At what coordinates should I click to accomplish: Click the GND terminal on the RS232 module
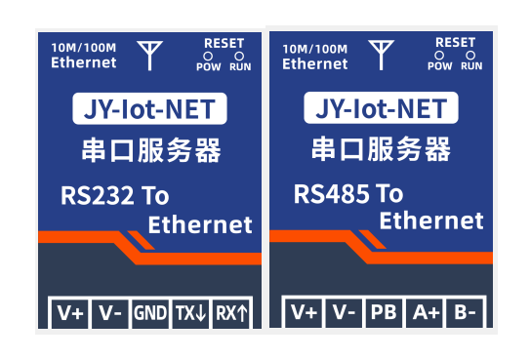(150, 313)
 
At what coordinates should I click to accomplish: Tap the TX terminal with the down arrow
(190, 313)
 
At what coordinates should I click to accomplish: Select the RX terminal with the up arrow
(231, 313)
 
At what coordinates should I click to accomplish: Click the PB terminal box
(384, 313)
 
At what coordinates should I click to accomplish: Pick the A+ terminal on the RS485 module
(425, 313)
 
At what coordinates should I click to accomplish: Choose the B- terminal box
(465, 313)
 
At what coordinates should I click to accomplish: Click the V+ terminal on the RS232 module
(69, 313)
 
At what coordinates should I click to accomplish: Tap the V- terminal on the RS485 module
(344, 313)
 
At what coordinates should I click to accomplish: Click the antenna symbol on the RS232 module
(149, 56)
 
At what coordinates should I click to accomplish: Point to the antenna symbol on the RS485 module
(382, 55)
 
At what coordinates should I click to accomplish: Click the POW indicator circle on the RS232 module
(208, 56)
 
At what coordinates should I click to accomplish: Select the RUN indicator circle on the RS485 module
(470, 55)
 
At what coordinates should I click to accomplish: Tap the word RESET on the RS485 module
(455, 43)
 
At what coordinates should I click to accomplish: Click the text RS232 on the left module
(97, 195)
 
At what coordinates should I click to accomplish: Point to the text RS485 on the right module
(330, 194)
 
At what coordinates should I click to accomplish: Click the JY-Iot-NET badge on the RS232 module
(149, 108)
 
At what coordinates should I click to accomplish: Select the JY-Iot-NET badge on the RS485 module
(381, 107)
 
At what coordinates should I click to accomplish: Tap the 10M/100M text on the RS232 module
(84, 48)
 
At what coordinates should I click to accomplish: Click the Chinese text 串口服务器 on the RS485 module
(381, 149)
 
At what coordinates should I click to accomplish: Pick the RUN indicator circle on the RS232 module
(239, 56)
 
